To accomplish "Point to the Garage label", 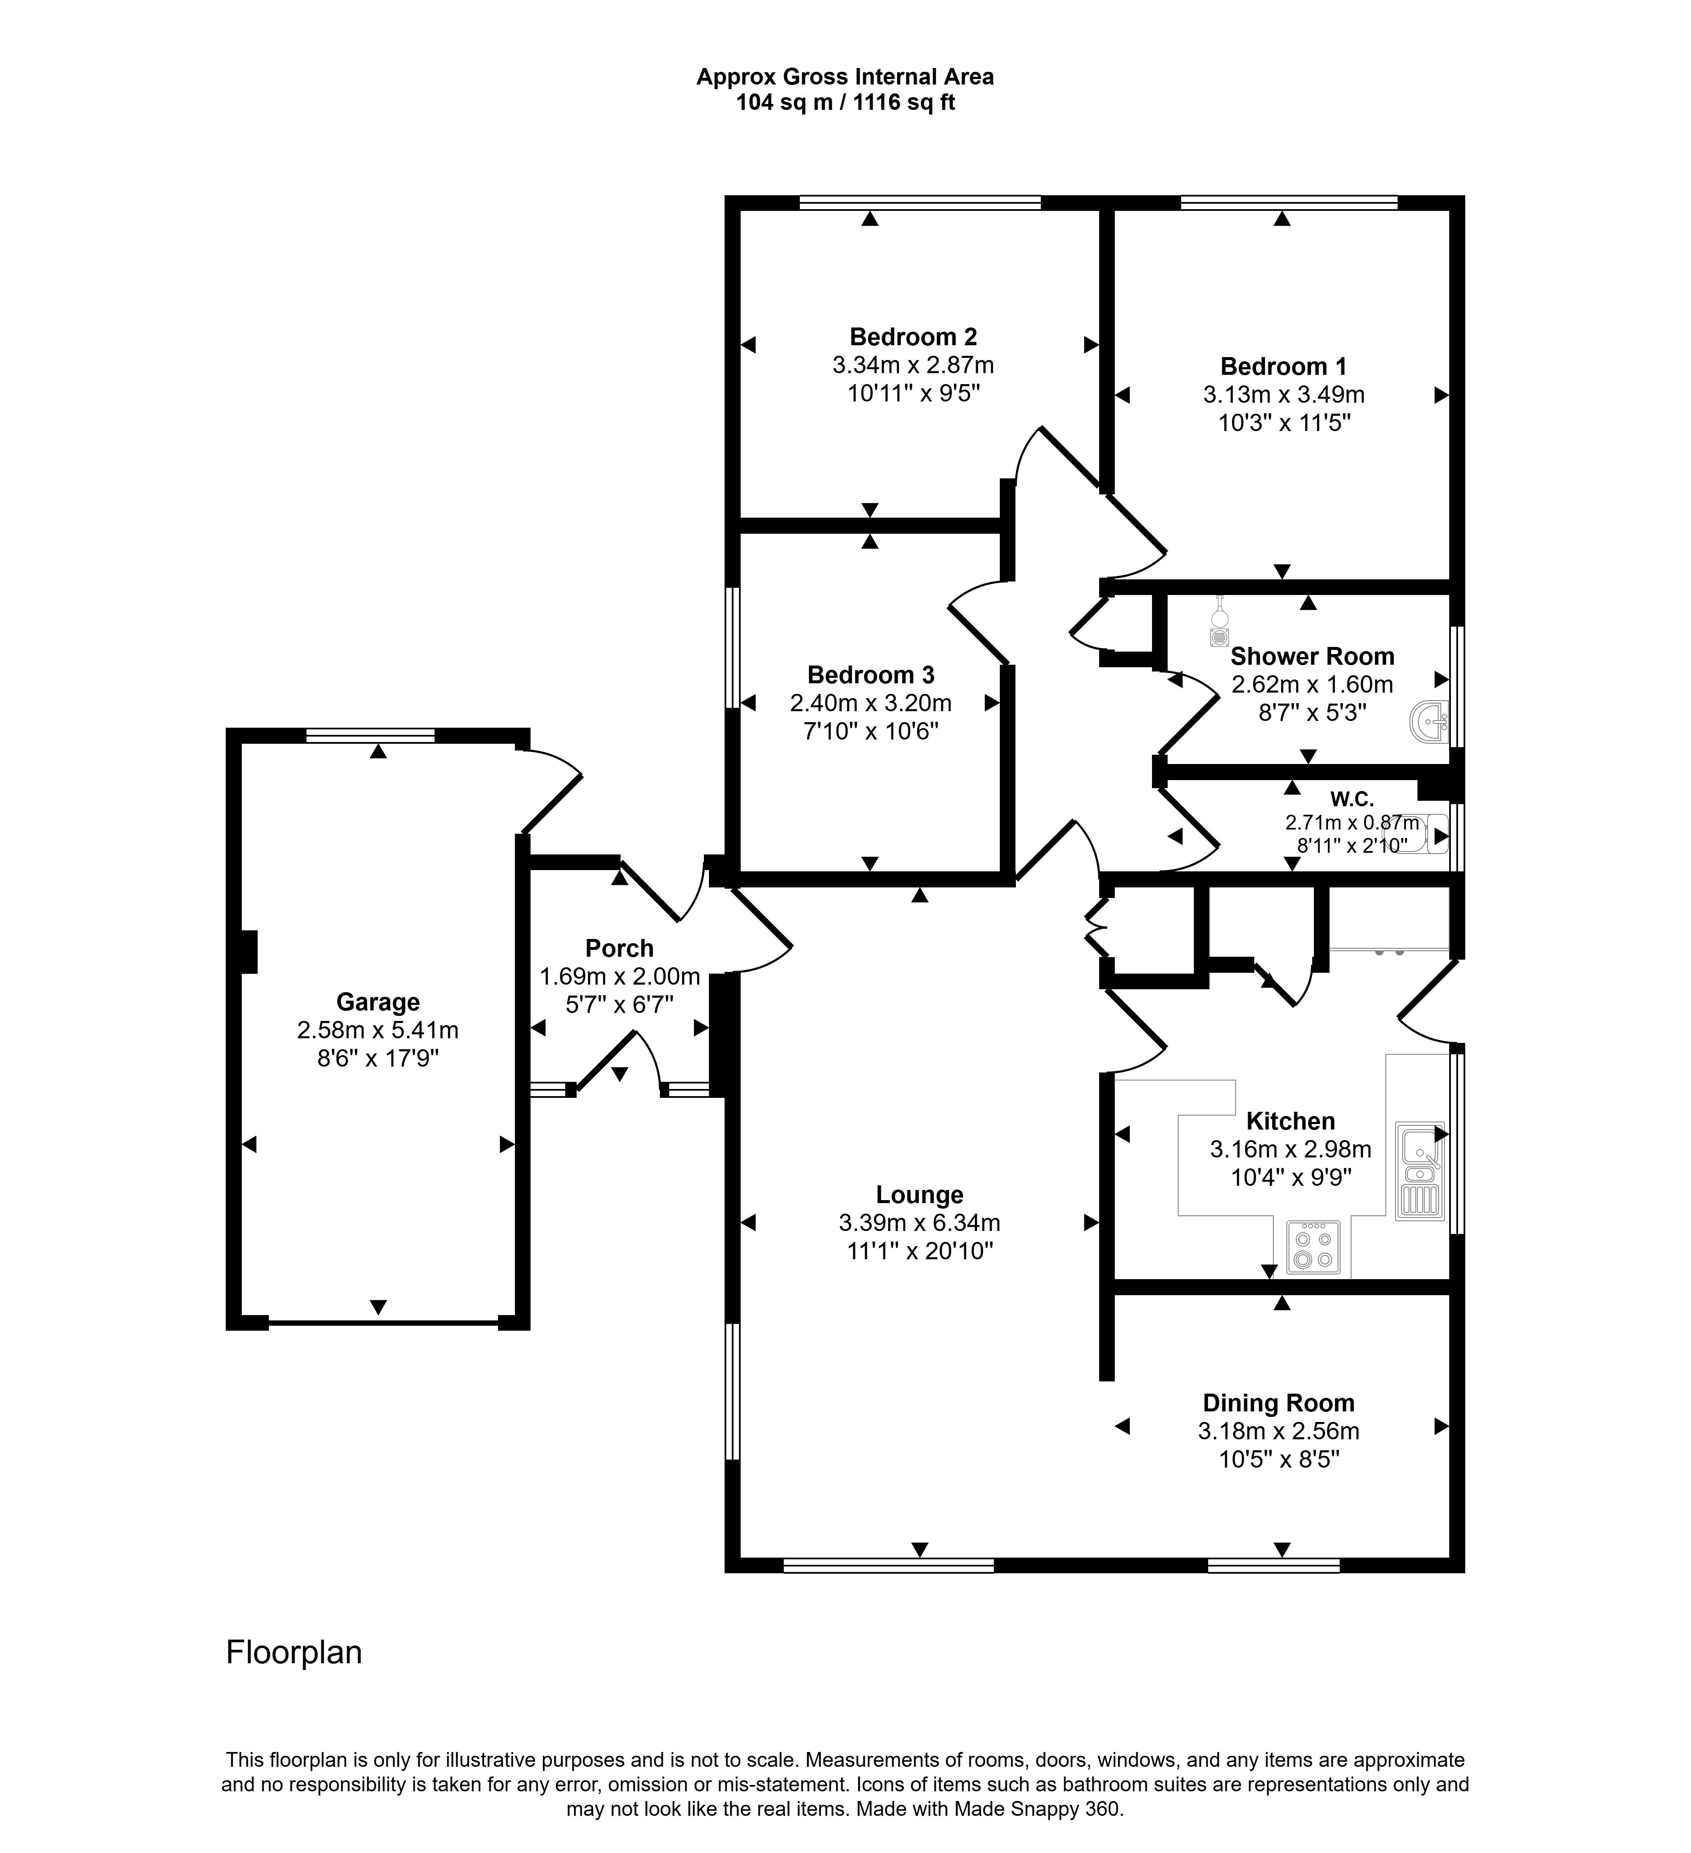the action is (378, 1002).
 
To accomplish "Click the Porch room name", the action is (620, 948).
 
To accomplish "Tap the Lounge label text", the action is (919, 1195).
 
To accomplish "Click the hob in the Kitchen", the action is (1313, 1247).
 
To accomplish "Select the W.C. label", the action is (1352, 800).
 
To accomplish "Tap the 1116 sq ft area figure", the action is (904, 103).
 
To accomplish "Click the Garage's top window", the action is (369, 735).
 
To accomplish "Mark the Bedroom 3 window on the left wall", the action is (733, 648).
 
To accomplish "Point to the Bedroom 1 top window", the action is (1289, 202).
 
